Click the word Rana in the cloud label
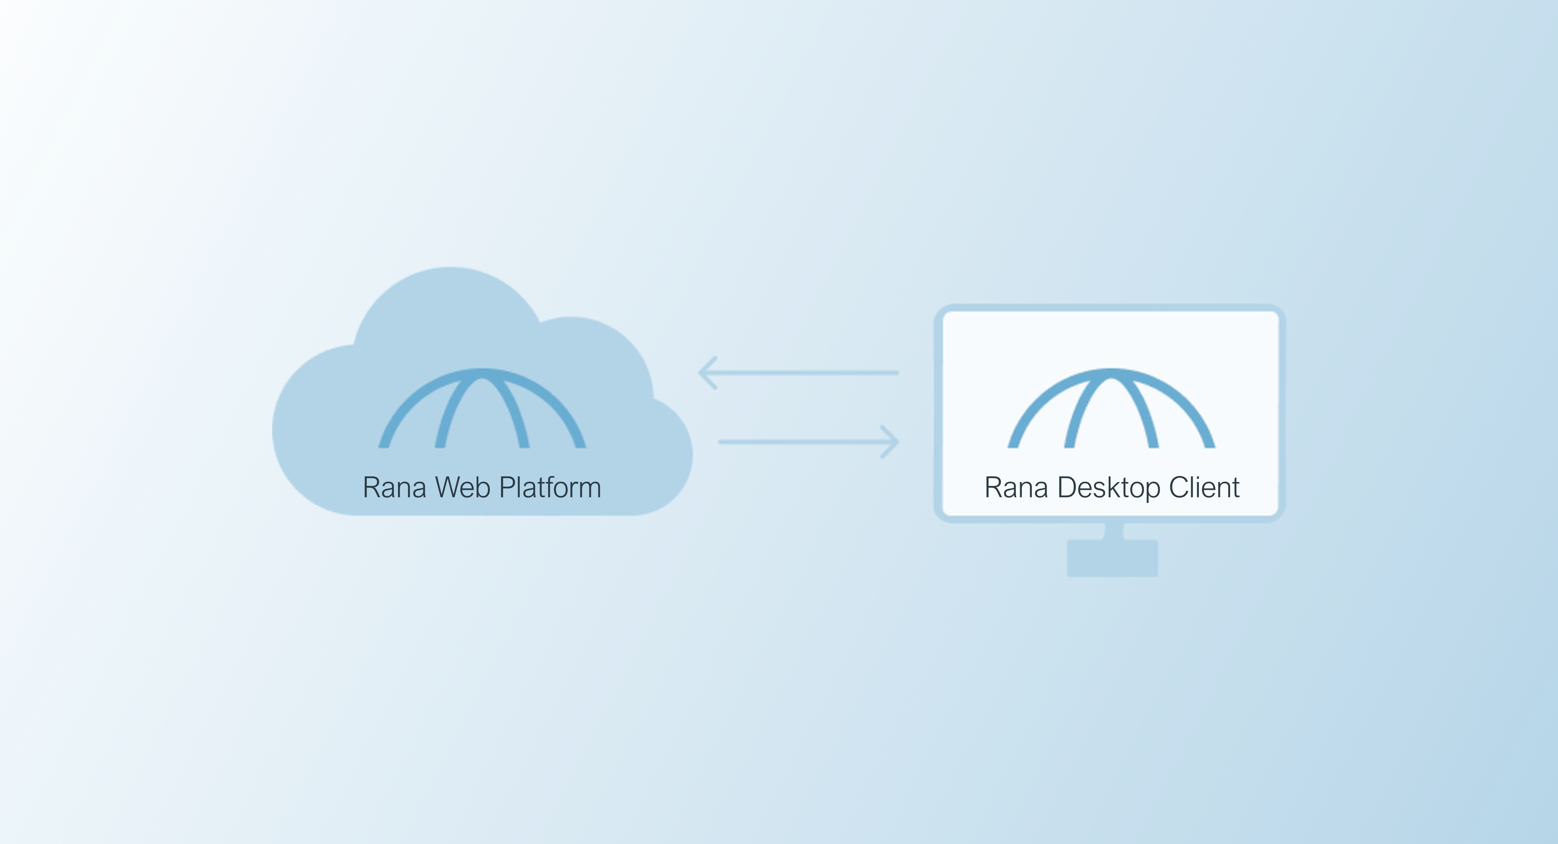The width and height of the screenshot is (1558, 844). coord(394,488)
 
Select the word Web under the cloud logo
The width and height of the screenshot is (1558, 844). coord(463,488)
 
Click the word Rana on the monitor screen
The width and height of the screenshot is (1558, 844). coord(1016,488)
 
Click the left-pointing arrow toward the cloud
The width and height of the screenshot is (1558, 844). coord(798,373)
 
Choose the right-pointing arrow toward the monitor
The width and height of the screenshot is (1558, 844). coord(809,442)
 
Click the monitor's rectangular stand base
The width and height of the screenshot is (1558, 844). coord(1112,558)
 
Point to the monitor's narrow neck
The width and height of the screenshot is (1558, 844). coord(1114,531)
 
